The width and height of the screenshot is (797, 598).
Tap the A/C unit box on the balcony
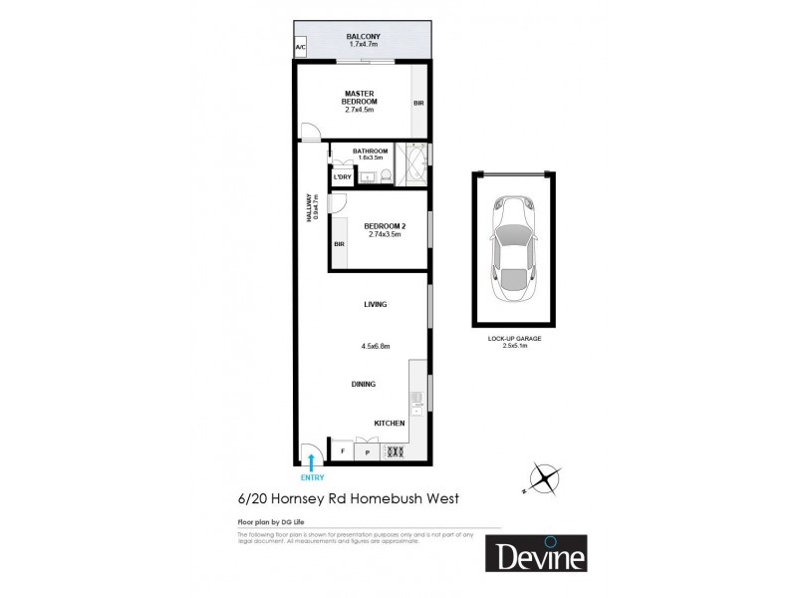tap(300, 47)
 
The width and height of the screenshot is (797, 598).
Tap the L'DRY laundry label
tap(343, 177)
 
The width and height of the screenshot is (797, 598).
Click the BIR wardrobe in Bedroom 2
tap(340, 243)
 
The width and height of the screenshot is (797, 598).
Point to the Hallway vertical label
tap(313, 212)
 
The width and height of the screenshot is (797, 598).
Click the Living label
tap(376, 304)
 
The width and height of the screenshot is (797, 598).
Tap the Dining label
tap(363, 384)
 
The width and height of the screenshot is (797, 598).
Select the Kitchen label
tap(390, 424)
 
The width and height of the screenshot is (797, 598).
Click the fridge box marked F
tap(342, 451)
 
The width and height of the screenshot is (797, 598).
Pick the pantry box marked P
tap(367, 451)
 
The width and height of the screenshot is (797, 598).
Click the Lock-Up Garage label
tap(513, 341)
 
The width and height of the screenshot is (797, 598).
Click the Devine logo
tap(536, 554)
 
